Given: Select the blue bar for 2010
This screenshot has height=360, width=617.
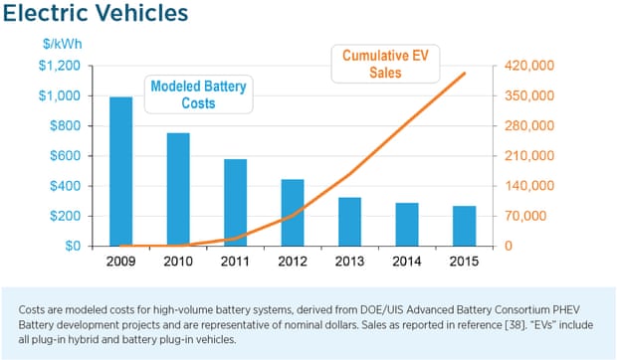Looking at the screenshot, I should click(x=178, y=189).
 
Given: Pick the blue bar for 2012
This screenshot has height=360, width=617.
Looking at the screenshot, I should click(x=293, y=213).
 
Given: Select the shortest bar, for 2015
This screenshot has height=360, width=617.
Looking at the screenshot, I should click(x=464, y=226).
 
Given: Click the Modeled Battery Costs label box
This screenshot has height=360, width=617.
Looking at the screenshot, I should click(x=198, y=95).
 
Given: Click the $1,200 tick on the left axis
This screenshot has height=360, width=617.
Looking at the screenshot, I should click(x=61, y=66).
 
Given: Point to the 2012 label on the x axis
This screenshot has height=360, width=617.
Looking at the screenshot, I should click(x=293, y=264).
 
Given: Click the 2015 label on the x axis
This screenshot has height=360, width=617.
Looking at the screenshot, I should click(x=464, y=264).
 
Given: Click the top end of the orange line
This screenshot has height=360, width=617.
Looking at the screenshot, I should click(x=464, y=73).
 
